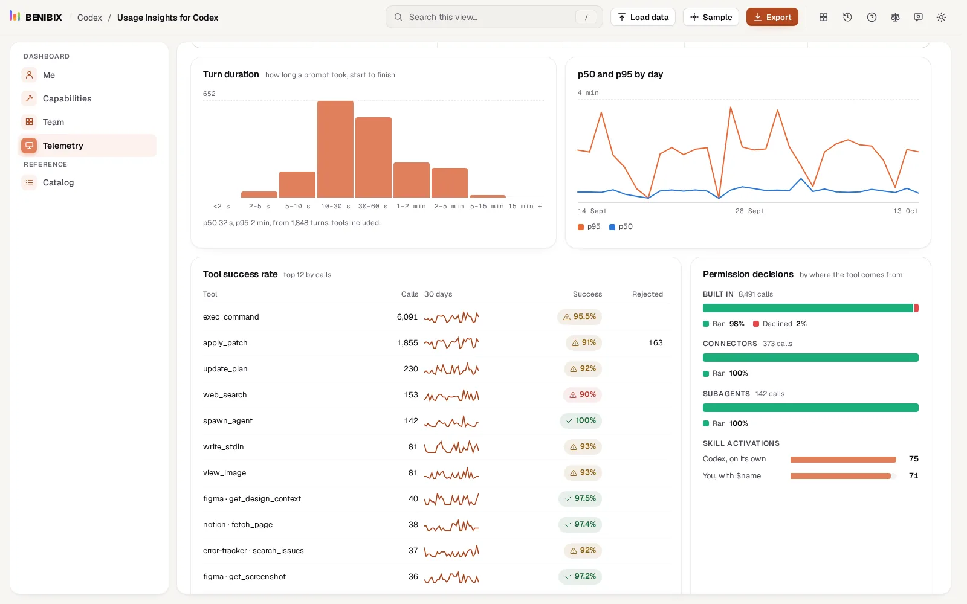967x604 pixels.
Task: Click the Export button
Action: click(772, 18)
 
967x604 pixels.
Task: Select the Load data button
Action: click(643, 18)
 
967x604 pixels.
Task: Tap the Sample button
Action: click(711, 18)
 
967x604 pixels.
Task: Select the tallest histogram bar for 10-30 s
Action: click(335, 149)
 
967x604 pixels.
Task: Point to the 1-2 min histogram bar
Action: click(412, 180)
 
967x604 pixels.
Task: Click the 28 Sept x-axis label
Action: click(750, 211)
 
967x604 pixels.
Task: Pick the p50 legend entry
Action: click(621, 226)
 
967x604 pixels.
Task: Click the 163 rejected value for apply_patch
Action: click(655, 343)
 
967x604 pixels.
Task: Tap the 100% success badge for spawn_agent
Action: click(581, 420)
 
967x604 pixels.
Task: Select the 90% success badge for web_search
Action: click(583, 395)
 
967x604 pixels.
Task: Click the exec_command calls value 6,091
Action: click(407, 317)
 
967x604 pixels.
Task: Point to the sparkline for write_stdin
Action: click(451, 447)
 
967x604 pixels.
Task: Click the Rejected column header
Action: click(647, 294)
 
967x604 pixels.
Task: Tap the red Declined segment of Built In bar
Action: click(916, 308)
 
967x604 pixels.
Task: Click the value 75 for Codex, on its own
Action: click(913, 459)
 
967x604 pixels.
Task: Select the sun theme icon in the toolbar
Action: click(941, 18)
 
